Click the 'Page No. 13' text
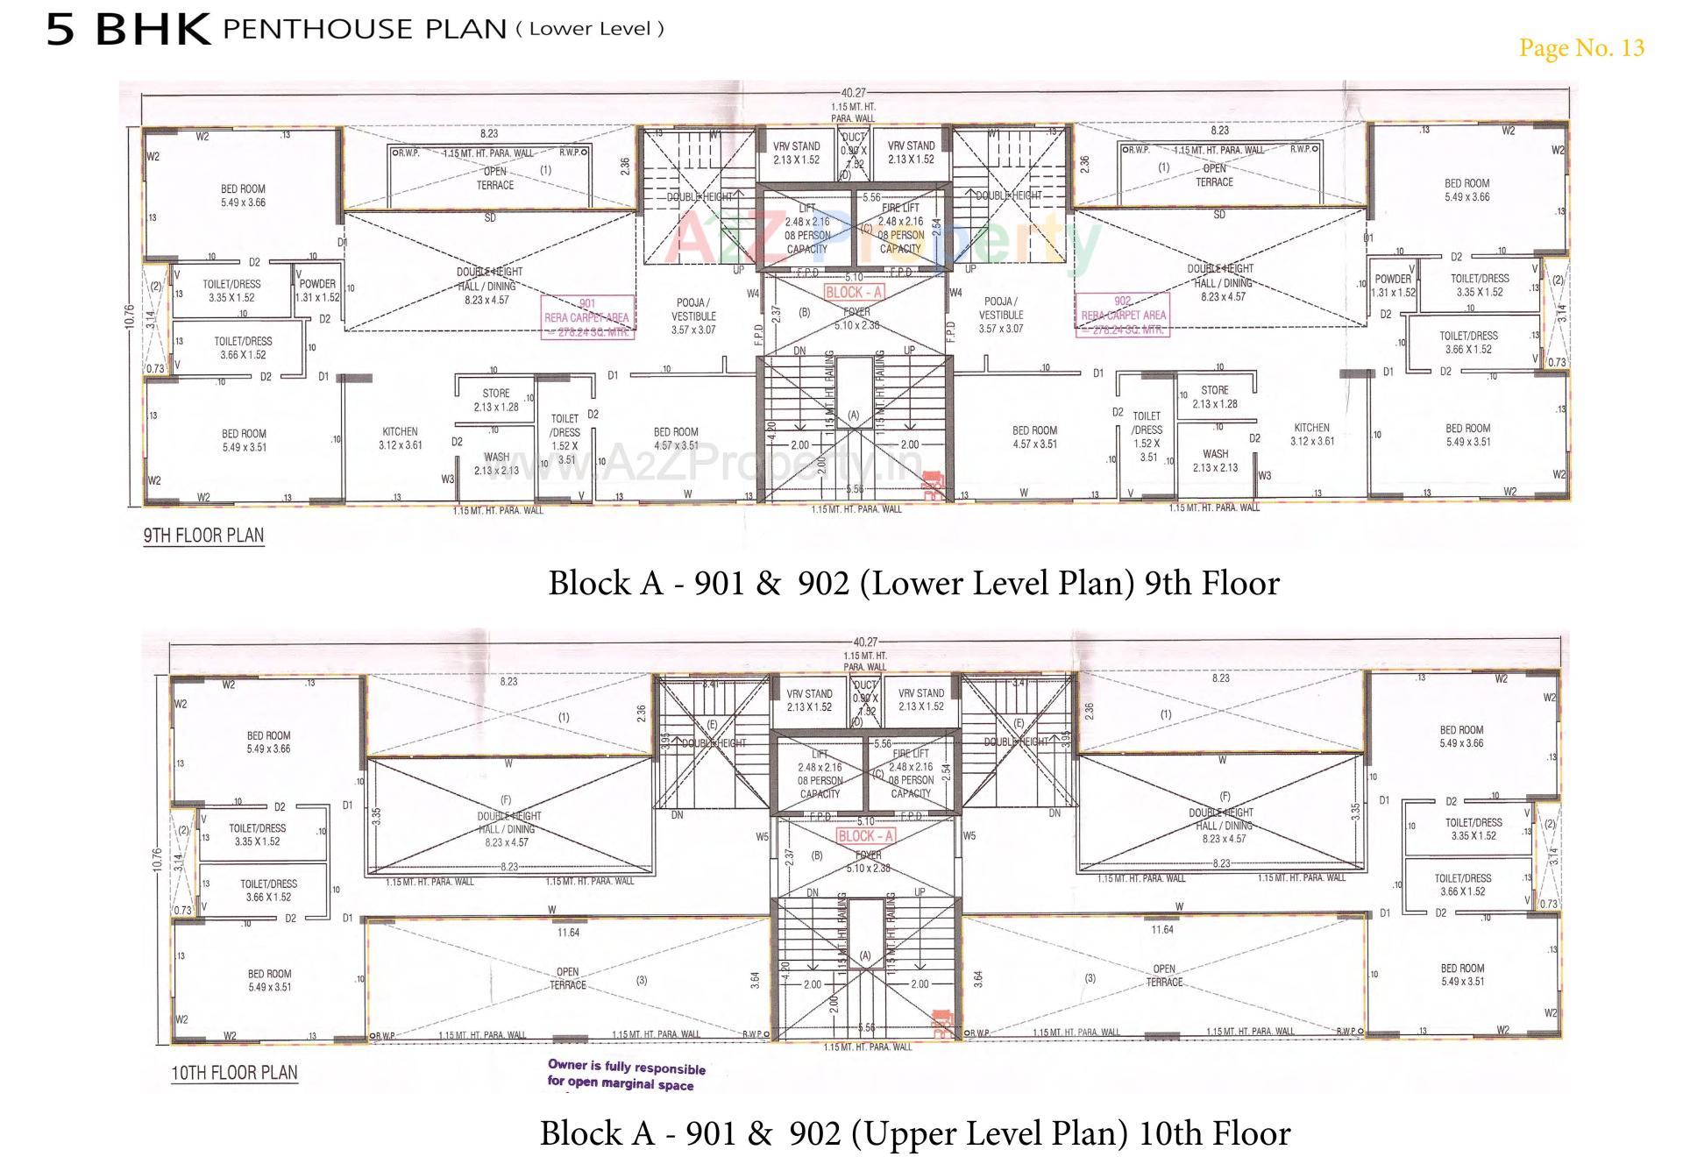pos(1581,47)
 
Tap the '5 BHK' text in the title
pos(128,29)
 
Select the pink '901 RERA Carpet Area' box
pos(586,316)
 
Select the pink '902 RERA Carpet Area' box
pos(1123,315)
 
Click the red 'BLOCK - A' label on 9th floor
pos(854,293)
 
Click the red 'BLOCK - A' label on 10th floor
pos(865,836)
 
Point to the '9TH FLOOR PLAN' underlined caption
pos(203,536)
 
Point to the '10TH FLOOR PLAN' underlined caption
pos(234,1073)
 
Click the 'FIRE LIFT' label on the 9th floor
pos(900,208)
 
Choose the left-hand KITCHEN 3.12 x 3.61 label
pos(400,438)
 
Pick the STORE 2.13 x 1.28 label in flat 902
pos(1215,397)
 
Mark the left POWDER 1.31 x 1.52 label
pos(317,290)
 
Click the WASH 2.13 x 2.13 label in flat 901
pos(496,464)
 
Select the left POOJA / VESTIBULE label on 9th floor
pos(693,316)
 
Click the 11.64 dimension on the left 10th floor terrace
pos(568,933)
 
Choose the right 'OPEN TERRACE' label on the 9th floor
pos(1214,175)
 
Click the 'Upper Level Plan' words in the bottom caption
pos(994,1133)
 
